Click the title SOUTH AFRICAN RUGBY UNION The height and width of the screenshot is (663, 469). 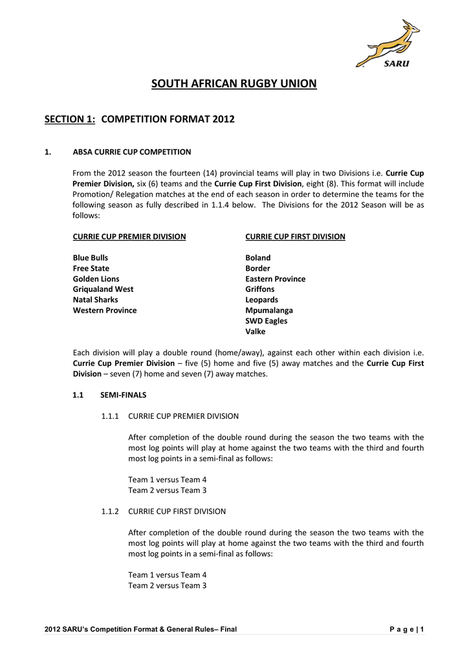tap(234, 84)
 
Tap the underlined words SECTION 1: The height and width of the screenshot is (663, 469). tap(70, 119)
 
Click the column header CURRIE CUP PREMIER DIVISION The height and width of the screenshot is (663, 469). tap(129, 237)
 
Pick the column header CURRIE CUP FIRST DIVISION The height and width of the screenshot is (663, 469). tap(295, 237)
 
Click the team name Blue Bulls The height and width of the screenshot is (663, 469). tap(91, 258)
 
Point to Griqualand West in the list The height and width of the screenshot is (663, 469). tap(104, 289)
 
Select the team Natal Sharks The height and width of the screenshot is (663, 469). tap(96, 300)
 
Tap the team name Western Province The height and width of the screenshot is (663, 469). tap(105, 310)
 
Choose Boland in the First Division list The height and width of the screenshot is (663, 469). tap(258, 258)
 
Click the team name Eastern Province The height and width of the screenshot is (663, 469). tap(275, 279)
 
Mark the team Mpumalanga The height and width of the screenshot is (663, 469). tap(269, 310)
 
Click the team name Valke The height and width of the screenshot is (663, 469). tap(256, 331)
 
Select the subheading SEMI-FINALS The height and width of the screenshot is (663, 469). tap(124, 395)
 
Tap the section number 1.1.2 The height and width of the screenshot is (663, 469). tap(110, 511)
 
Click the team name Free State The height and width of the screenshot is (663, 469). tap(91, 268)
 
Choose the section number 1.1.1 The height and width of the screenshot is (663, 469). tap(110, 416)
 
